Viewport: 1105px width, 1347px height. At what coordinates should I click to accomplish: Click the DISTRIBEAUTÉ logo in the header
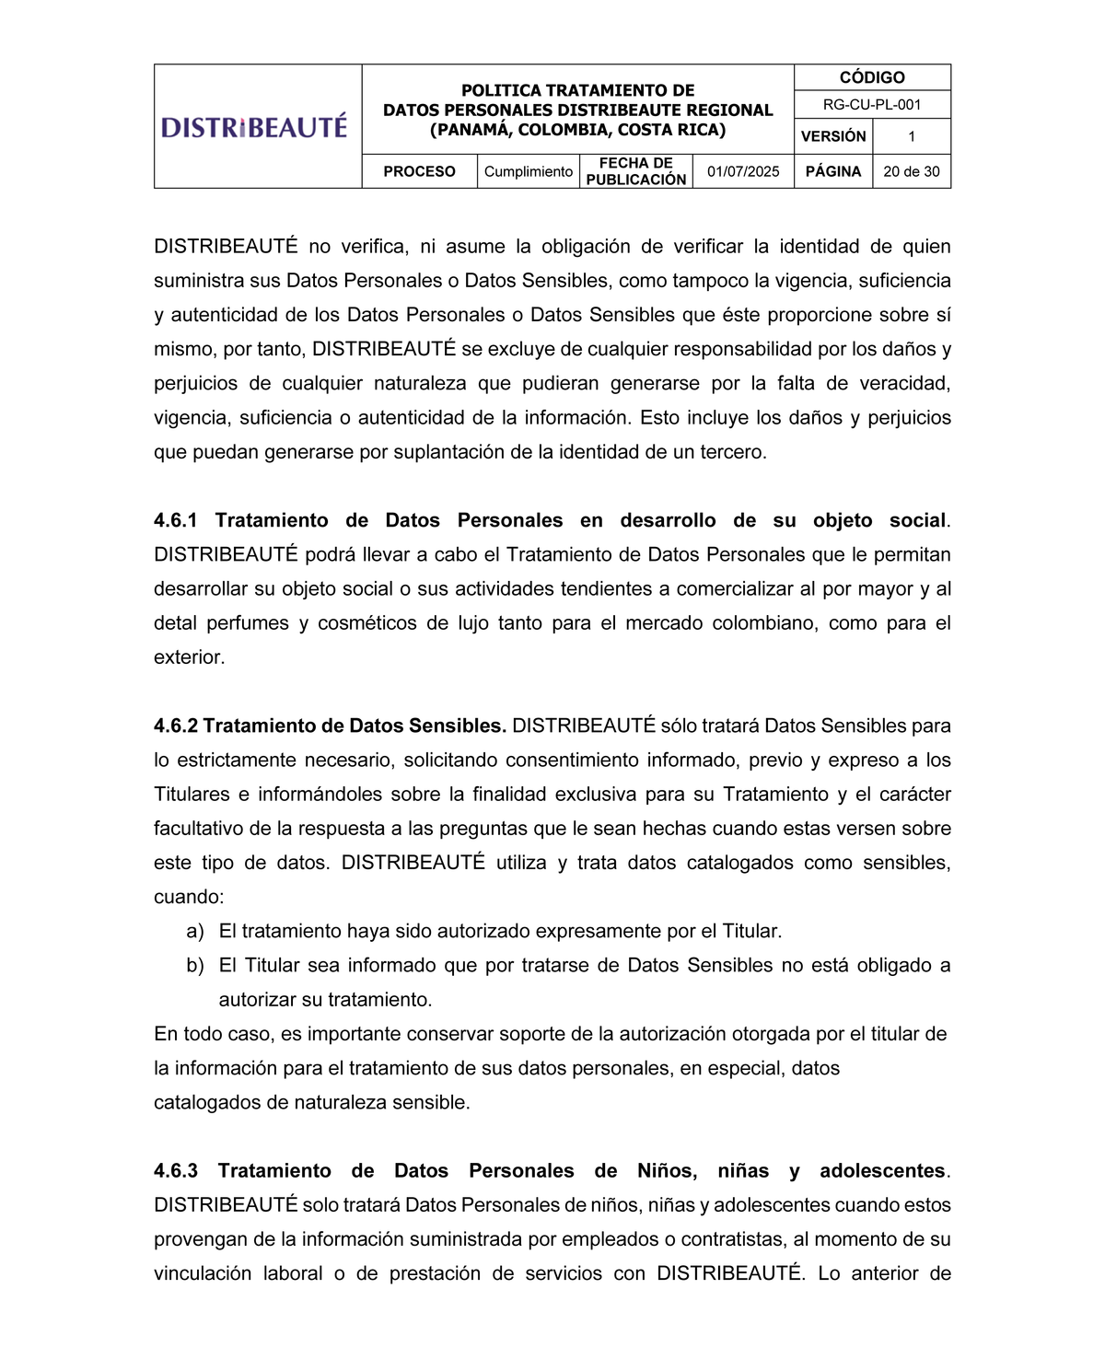(254, 126)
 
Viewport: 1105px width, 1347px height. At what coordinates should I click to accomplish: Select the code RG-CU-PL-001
(871, 105)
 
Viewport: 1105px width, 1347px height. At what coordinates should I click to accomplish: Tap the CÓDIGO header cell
(871, 77)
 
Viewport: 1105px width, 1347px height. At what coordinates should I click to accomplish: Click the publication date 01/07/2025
(743, 171)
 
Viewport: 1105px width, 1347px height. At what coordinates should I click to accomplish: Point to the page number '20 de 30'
(911, 171)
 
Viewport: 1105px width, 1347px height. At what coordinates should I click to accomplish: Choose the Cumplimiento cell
(529, 171)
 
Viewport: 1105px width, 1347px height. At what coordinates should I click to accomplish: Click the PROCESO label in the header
(419, 171)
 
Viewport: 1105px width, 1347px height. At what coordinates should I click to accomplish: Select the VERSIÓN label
(833, 136)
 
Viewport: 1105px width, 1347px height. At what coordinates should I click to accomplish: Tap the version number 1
(911, 136)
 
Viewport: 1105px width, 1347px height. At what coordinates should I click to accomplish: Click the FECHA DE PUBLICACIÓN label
(635, 171)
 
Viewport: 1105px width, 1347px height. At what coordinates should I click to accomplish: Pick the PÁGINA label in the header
(833, 171)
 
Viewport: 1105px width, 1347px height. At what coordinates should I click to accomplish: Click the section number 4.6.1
(176, 520)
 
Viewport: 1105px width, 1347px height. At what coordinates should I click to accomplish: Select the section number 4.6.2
(176, 726)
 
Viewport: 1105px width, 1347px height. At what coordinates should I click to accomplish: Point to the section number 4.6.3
(176, 1170)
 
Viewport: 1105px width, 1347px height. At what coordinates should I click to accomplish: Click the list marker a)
(194, 931)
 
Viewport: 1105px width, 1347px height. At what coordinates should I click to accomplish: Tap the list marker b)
(194, 965)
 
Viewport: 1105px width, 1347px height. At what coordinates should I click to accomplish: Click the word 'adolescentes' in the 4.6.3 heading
(882, 1170)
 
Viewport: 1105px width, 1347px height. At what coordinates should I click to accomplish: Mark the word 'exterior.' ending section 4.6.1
(189, 657)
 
